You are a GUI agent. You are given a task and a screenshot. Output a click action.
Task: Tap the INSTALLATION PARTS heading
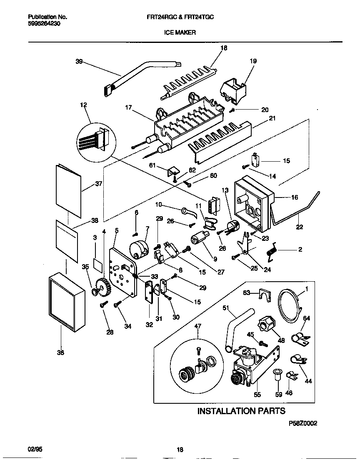241,411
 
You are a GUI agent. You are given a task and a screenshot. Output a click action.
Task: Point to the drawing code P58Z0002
303,423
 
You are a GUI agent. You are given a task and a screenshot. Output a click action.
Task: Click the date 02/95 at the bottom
35,450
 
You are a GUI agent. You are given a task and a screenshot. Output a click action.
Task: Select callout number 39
79,62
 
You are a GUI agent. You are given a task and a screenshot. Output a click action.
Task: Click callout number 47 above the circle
197,326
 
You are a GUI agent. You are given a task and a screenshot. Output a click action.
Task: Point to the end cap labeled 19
234,90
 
